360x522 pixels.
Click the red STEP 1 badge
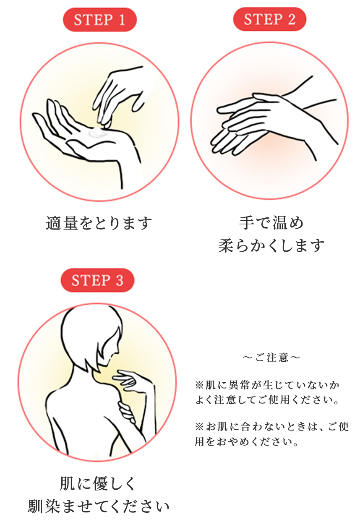pyautogui.click(x=100, y=20)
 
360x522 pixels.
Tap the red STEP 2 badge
pyautogui.click(x=270, y=19)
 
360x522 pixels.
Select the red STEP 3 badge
pyautogui.click(x=97, y=280)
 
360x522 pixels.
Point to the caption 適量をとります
pyautogui.click(x=99, y=223)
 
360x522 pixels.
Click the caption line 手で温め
pyautogui.click(x=271, y=223)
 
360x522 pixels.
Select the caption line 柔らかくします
pyautogui.click(x=271, y=245)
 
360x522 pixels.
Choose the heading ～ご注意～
pyautogui.click(x=271, y=357)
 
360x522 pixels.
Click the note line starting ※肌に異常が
pyautogui.click(x=267, y=385)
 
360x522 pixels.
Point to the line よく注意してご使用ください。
pyautogui.click(x=267, y=399)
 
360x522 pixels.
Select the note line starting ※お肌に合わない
pyautogui.click(x=272, y=426)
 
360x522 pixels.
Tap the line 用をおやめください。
pyautogui.click(x=246, y=441)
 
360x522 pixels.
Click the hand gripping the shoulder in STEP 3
pyautogui.click(x=127, y=411)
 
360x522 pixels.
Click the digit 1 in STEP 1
pyautogui.click(x=122, y=20)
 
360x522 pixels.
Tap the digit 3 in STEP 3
pyautogui.click(x=119, y=280)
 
